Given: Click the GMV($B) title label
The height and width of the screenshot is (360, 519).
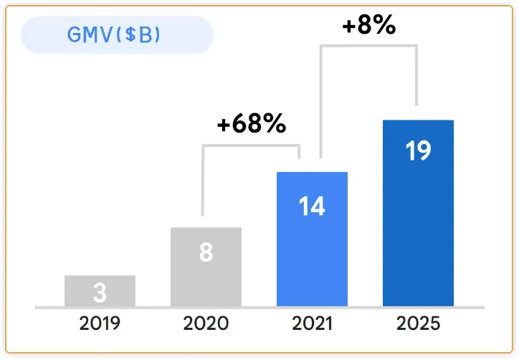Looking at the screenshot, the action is coord(113,34).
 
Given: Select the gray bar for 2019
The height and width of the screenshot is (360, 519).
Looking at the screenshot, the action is coord(100,290).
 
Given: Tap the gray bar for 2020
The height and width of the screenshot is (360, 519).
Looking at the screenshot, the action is coord(206,267).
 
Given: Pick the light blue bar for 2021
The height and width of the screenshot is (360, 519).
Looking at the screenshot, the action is coord(312,239).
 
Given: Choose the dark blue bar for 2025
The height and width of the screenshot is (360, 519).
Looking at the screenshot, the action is coord(418,213).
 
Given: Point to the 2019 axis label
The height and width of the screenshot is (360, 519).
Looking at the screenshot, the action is coord(100,323).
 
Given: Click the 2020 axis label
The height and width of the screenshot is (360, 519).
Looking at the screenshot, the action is coord(206,323).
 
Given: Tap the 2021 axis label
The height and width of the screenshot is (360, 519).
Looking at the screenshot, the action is coord(312,323).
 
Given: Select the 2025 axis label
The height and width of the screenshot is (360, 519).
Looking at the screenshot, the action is coord(419,323).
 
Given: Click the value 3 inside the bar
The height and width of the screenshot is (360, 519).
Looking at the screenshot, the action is coord(100,293).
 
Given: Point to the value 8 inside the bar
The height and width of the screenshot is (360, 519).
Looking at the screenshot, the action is coord(206,252).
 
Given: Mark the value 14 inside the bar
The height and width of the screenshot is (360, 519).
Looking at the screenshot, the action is coord(312,207).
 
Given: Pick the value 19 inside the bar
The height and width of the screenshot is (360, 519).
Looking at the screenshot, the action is coord(419,151).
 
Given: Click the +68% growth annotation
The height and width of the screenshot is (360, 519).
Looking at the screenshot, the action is coord(252,123).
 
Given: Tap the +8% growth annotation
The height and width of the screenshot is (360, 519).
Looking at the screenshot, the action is coord(369,25).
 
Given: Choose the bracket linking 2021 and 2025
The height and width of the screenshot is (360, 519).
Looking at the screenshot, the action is coord(368,46).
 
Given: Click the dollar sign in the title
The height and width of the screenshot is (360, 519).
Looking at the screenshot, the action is coord(130,34).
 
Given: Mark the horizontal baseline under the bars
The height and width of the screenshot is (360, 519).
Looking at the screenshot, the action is coord(259,308).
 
